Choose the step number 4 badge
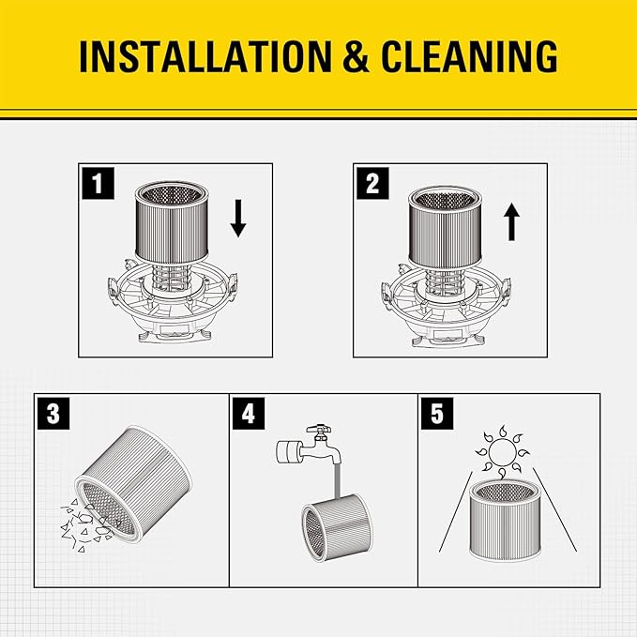pos(248,414)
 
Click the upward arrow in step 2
pos(511,222)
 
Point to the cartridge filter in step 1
pos(172,219)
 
